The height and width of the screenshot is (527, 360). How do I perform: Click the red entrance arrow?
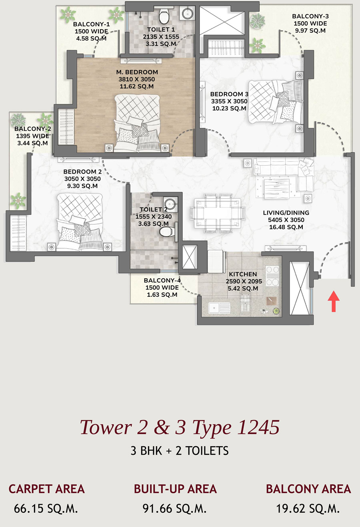[334, 301]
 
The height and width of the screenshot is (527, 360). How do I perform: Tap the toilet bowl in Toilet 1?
[163, 16]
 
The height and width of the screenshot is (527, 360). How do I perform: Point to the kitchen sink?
[219, 308]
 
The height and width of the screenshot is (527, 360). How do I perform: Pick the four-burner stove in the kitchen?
[272, 275]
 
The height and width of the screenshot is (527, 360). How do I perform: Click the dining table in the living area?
[218, 213]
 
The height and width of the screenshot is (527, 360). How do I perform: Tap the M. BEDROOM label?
[137, 72]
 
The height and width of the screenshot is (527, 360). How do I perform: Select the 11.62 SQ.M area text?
[137, 86]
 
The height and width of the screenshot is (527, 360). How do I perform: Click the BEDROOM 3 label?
[229, 94]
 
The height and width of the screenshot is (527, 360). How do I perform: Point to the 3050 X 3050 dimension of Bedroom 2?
[82, 179]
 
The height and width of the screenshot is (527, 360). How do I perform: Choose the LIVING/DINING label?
[286, 213]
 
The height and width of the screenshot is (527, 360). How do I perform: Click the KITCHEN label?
[243, 274]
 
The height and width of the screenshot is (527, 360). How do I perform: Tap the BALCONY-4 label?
[162, 280]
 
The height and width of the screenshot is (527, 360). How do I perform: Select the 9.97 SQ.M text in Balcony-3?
[310, 30]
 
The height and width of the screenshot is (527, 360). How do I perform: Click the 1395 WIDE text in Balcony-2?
[32, 136]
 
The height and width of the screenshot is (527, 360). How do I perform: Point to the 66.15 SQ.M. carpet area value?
[46, 509]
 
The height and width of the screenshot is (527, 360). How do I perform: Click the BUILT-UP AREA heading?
[175, 489]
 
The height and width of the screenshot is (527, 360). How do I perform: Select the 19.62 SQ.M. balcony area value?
[308, 509]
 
